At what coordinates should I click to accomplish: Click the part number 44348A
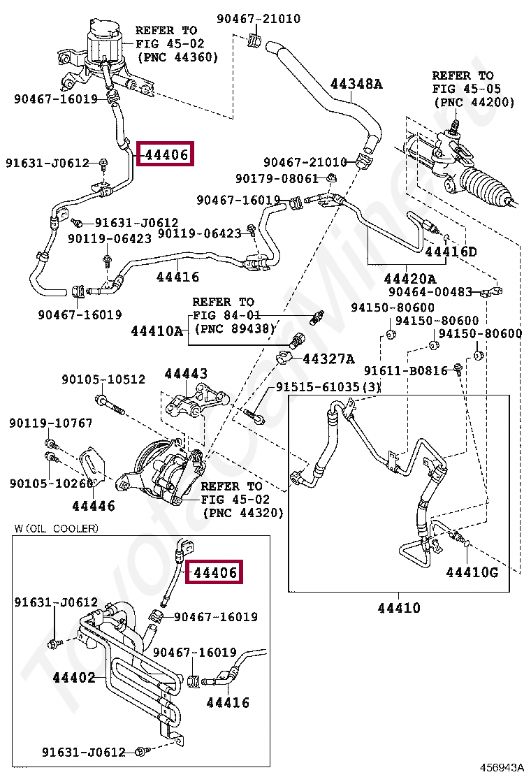point(356,85)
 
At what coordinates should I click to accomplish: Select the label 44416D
point(451,252)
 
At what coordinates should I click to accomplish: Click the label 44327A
point(328,359)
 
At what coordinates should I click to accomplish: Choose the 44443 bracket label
point(186,375)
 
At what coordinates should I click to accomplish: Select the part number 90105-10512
point(103,379)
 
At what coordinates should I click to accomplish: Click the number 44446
point(94,506)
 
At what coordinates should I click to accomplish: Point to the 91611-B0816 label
point(405,370)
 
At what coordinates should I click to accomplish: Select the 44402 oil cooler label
point(73,677)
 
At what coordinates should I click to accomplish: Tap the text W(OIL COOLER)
point(56,528)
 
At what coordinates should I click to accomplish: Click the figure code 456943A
point(500,767)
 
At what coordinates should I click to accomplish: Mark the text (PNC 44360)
point(177,57)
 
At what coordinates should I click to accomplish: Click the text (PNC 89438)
point(235,328)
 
